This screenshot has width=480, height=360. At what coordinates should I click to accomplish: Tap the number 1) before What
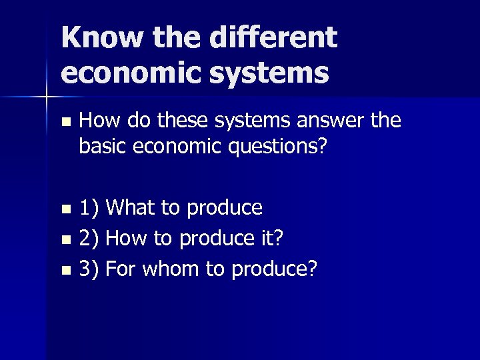[x=89, y=208]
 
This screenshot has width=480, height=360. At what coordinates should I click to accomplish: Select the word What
[x=131, y=208]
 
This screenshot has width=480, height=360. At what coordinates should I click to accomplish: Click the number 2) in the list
[x=89, y=239]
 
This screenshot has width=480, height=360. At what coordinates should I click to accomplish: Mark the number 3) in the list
[x=89, y=269]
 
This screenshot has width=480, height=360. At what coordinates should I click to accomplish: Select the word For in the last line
[x=121, y=269]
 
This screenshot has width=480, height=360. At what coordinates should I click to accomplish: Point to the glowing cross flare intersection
[x=47, y=97]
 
